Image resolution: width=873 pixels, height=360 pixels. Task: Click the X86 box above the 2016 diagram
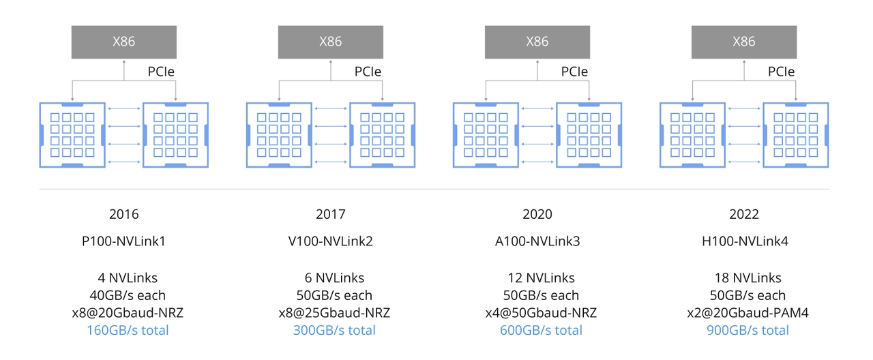pyautogui.click(x=124, y=42)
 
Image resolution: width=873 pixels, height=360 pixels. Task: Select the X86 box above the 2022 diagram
pyautogui.click(x=744, y=42)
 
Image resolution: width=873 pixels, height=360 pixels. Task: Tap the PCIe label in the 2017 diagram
pyautogui.click(x=368, y=72)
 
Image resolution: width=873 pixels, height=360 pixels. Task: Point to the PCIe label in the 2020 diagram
pyautogui.click(x=574, y=72)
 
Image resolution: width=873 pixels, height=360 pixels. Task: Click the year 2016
pyautogui.click(x=124, y=214)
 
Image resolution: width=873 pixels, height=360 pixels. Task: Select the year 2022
pyautogui.click(x=744, y=214)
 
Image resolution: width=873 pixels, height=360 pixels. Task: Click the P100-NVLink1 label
pyautogui.click(x=124, y=241)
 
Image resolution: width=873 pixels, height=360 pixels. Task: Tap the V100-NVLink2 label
pyautogui.click(x=331, y=241)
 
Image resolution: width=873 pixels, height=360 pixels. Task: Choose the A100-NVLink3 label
pyautogui.click(x=537, y=241)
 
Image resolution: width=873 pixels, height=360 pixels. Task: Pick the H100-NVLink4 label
pyautogui.click(x=745, y=241)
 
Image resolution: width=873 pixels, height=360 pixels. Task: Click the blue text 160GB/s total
pyautogui.click(x=128, y=331)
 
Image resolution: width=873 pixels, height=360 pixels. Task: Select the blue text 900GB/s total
pyautogui.click(x=748, y=331)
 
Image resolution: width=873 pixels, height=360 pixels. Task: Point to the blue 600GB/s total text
pyautogui.click(x=542, y=331)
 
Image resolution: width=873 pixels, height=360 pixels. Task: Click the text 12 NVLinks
pyautogui.click(x=542, y=277)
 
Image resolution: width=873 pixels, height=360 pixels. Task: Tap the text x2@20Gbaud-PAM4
pyautogui.click(x=748, y=313)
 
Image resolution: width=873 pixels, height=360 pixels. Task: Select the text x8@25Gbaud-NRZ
pyautogui.click(x=334, y=313)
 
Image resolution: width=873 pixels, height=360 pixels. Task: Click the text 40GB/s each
pyautogui.click(x=128, y=295)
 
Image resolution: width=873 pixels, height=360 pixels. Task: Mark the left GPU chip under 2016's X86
pyautogui.click(x=72, y=135)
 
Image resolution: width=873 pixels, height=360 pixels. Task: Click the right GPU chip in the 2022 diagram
pyautogui.click(x=795, y=135)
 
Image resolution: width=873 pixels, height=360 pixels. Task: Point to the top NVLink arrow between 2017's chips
pyautogui.click(x=331, y=108)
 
